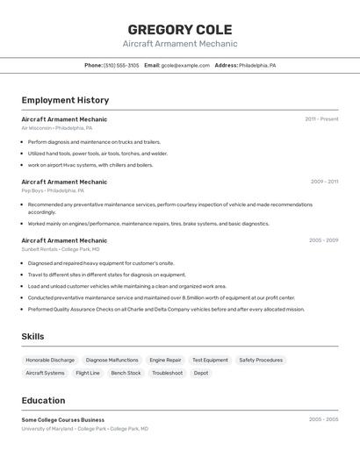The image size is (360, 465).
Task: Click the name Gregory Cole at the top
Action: [x=180, y=29]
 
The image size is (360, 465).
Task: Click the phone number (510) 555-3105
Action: [x=121, y=65]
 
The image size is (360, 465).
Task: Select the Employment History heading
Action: [x=65, y=100]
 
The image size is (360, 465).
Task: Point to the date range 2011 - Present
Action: [x=321, y=119]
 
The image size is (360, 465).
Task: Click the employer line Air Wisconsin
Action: [x=56, y=128]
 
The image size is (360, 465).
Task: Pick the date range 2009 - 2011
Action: [x=324, y=182]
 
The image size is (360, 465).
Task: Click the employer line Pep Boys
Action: [x=53, y=190]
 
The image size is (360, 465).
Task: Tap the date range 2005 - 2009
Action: [x=323, y=240]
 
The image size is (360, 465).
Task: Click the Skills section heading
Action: [x=32, y=336]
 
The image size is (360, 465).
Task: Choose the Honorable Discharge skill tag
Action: [x=50, y=360]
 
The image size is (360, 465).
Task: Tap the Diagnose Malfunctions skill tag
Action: [x=112, y=360]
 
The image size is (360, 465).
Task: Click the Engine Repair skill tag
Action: [x=165, y=360]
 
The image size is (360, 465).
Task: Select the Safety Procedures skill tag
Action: [x=261, y=360]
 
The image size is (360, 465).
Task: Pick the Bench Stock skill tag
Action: [x=126, y=373]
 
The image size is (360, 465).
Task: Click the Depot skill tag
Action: [x=201, y=373]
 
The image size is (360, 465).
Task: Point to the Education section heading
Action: [x=43, y=400]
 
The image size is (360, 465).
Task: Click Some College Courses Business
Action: [x=62, y=420]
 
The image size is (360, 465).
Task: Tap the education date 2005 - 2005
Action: [x=323, y=420]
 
